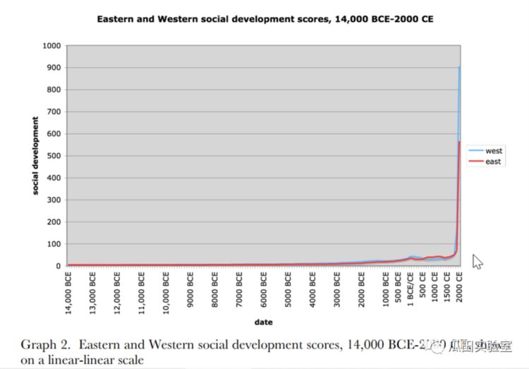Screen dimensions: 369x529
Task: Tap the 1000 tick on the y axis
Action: pos(53,45)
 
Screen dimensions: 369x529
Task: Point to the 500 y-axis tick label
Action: pos(55,156)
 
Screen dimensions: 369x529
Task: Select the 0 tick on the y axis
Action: pos(61,266)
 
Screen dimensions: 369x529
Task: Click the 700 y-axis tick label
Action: pos(55,111)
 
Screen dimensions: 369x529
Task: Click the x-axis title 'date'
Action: pos(264,322)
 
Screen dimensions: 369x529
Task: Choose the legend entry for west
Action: pos(493,151)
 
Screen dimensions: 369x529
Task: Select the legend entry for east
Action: pos(492,162)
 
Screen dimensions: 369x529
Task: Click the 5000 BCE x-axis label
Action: pos(288,286)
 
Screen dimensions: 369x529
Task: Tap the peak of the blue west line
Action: pos(460,68)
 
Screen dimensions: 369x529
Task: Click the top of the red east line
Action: pos(460,142)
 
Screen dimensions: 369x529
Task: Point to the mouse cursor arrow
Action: pos(477,261)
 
